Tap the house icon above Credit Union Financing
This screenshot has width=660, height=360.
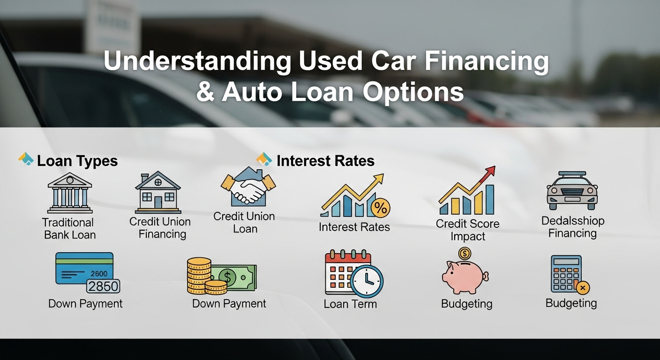coord(158,192)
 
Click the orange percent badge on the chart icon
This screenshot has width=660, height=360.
coord(380,208)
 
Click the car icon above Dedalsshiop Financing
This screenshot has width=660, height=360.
coord(572,190)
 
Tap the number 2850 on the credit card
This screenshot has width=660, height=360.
coord(103,286)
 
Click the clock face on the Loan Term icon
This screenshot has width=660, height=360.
coord(367,281)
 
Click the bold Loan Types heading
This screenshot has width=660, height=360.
coord(77,161)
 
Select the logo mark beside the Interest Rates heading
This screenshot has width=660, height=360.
coord(264,159)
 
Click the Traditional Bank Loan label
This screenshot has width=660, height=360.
coord(69,229)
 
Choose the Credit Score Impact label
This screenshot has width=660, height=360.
coord(467,230)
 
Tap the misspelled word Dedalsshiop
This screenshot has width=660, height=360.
coord(572,221)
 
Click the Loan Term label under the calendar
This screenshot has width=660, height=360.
coord(350,304)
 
